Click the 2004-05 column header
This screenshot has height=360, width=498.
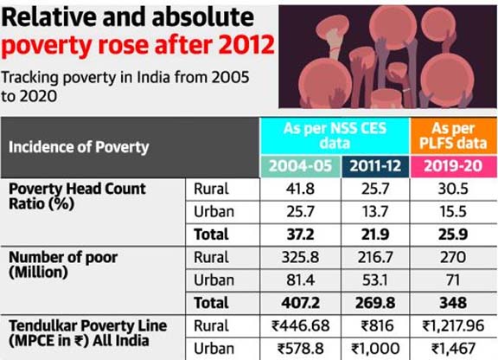pos(301,166)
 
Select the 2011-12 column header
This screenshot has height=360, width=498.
pos(375,166)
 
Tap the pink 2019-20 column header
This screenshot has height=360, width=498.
pos(453,166)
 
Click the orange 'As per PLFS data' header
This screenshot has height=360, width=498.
pos(453,136)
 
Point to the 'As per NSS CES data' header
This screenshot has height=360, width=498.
pos(335,136)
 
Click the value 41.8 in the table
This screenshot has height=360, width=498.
pos(300,189)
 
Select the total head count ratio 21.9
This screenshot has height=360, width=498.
pos(375,235)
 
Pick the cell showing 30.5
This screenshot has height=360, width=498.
pos(453,189)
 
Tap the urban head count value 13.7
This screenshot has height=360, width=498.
pos(375,211)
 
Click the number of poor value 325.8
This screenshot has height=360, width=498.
pos(300,257)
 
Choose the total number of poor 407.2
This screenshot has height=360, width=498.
pos(301,303)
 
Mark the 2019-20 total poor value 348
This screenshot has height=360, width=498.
pos(453,303)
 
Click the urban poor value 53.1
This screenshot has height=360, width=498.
pos(375,280)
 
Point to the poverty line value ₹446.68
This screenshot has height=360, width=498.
pos(301,326)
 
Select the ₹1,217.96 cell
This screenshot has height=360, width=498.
pos(453,326)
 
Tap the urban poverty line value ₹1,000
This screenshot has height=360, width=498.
pos(375,349)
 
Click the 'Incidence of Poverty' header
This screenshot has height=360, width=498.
pos(79,147)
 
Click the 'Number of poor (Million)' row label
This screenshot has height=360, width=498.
pos(63,265)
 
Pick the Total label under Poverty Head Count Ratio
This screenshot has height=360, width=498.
pos(211,235)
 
